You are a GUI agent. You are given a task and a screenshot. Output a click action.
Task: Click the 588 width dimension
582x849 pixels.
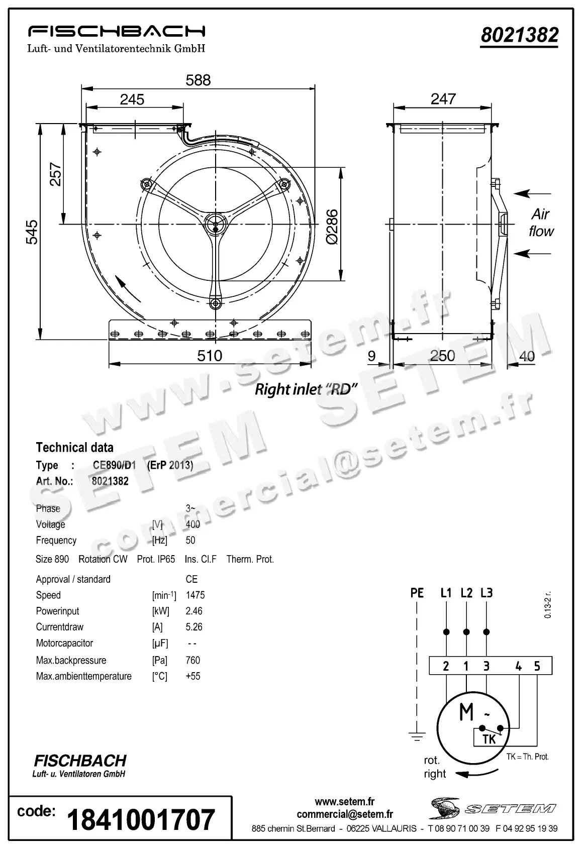198,80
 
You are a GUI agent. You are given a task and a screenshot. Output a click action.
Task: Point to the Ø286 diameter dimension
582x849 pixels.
332,227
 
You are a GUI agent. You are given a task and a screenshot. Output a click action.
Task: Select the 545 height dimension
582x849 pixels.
32,232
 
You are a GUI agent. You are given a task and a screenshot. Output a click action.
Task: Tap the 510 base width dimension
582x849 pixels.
210,356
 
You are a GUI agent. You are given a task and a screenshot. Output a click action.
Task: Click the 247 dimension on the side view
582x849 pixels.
443,99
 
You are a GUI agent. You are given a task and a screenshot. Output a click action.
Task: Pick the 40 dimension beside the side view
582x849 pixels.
527,356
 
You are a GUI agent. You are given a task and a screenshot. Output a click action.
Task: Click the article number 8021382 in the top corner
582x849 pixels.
520,35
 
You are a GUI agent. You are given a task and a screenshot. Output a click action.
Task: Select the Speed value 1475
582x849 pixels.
196,595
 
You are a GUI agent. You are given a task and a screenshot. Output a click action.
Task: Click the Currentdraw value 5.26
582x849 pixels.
194,627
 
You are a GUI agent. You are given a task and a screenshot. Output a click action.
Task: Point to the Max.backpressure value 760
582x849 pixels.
193,660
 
